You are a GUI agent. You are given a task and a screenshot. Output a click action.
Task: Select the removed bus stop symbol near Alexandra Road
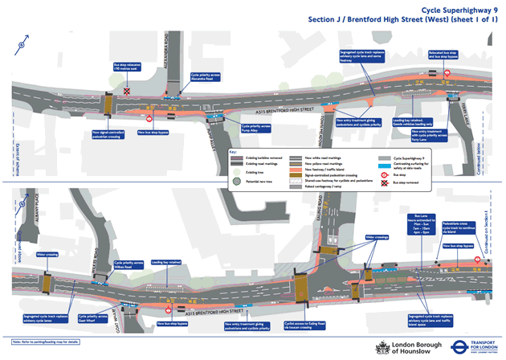[126, 94]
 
